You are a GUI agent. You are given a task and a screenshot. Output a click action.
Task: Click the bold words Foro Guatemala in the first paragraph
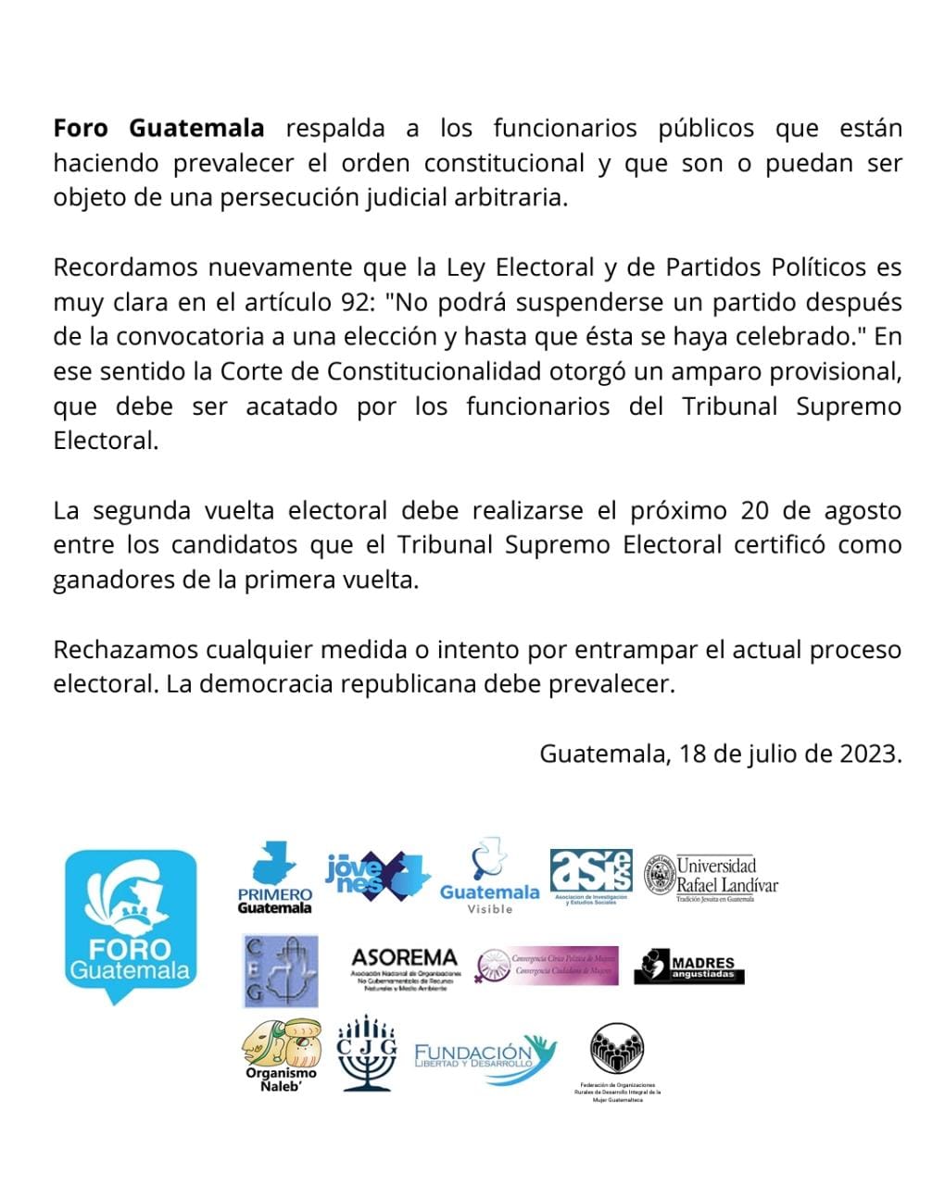click(158, 128)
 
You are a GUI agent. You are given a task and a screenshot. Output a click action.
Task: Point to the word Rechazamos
click(128, 649)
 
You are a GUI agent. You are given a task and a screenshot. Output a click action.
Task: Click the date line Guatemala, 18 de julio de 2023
click(720, 753)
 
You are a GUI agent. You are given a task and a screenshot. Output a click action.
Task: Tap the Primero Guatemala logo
click(275, 878)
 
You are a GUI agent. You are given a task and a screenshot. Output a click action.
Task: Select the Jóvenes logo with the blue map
click(377, 875)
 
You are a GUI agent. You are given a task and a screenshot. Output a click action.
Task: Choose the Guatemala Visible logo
click(489, 878)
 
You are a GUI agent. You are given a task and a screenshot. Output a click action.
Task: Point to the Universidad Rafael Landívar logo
click(712, 876)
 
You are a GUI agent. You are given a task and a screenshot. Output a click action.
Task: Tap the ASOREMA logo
click(404, 968)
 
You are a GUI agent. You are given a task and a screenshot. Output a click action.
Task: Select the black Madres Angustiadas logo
click(689, 967)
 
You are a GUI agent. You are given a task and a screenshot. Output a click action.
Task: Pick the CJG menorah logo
click(367, 1054)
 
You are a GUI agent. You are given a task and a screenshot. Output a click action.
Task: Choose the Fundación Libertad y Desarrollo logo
click(484, 1056)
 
